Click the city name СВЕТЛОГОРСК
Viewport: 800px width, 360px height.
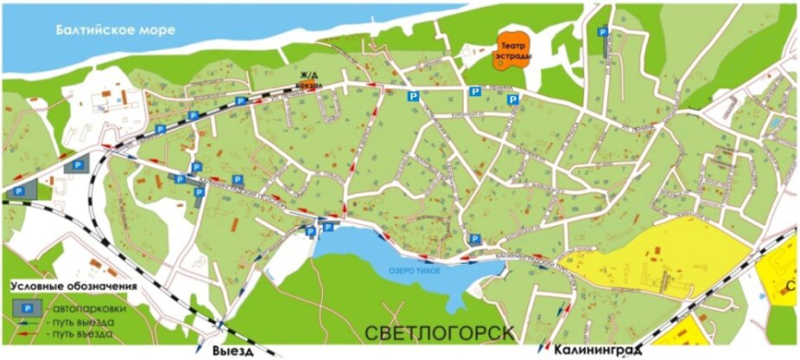tap(440, 333)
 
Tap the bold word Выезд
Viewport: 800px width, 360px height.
tap(232, 350)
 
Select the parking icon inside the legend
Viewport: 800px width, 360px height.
tap(26, 307)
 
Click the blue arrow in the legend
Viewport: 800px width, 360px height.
tap(26, 322)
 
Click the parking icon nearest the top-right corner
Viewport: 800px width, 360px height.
tap(603, 31)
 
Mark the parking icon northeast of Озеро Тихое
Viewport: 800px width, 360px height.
tap(474, 239)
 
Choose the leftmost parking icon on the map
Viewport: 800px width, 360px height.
tap(19, 190)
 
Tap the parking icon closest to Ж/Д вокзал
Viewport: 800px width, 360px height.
tap(242, 101)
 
